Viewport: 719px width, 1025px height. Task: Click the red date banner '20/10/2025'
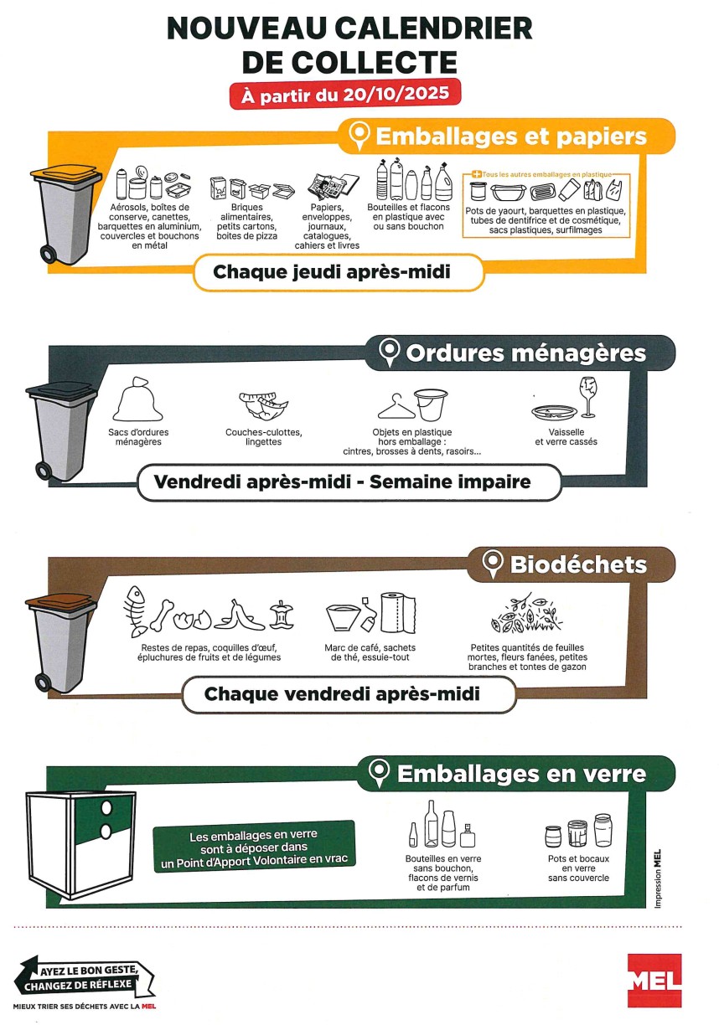click(345, 95)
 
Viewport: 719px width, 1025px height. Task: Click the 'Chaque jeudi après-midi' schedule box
click(339, 272)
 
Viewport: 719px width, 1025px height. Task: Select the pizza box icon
click(283, 190)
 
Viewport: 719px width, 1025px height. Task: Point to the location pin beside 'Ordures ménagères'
click(390, 353)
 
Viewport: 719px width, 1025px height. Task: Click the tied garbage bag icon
click(137, 399)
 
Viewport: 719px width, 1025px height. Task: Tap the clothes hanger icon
click(396, 406)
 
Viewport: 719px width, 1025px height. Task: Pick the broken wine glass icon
click(588, 397)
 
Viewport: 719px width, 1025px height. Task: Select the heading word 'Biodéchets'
click(578, 564)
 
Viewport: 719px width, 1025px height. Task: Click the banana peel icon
click(239, 615)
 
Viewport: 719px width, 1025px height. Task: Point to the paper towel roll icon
click(398, 613)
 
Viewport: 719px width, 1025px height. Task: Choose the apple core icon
click(282, 615)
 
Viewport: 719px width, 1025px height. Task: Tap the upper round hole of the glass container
click(106, 807)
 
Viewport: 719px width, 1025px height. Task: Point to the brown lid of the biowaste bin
click(61, 602)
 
